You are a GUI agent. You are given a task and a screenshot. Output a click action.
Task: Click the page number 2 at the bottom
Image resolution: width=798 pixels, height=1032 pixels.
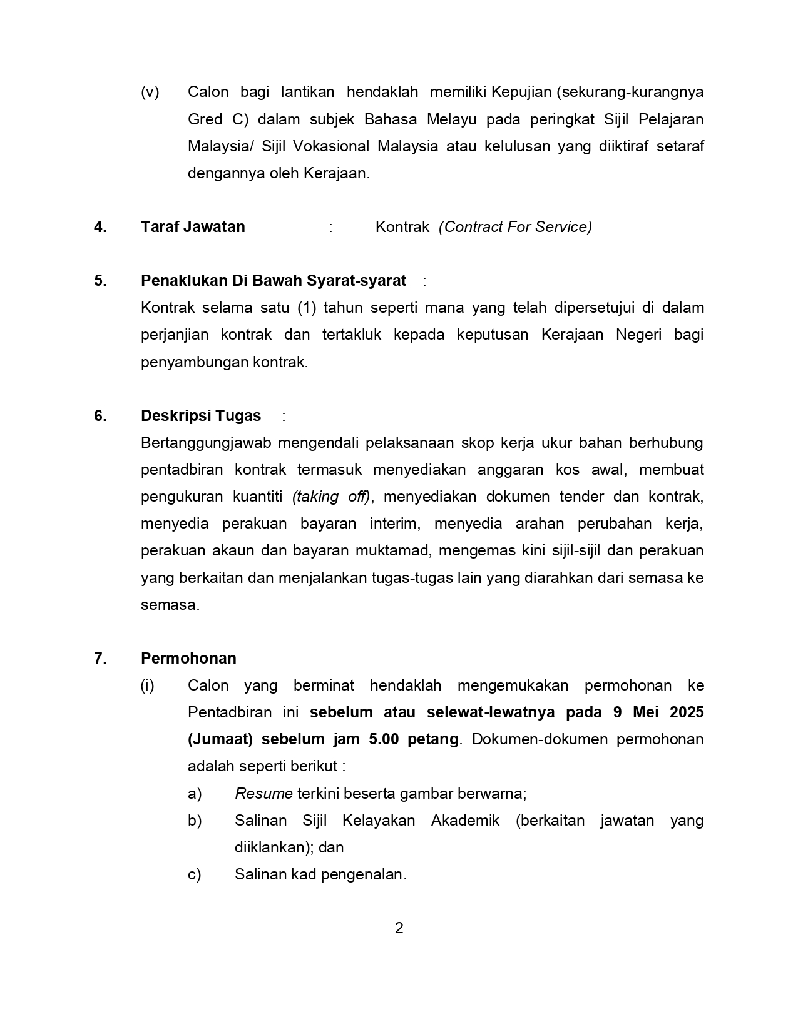(x=399, y=928)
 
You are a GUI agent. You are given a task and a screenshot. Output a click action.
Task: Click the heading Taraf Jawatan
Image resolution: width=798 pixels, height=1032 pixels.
(x=193, y=227)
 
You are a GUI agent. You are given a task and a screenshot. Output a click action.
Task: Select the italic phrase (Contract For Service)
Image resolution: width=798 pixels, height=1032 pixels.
(x=515, y=227)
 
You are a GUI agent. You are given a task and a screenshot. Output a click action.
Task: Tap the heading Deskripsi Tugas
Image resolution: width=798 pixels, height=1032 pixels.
(x=201, y=416)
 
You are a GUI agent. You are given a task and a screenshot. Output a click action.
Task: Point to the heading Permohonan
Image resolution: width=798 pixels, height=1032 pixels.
(x=188, y=659)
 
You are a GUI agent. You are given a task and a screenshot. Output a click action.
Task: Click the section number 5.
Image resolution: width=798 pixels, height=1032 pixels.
(x=100, y=281)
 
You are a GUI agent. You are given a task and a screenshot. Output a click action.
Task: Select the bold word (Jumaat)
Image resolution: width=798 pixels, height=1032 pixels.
(x=220, y=739)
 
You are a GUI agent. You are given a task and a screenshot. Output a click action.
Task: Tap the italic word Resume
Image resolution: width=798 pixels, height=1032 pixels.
(x=263, y=794)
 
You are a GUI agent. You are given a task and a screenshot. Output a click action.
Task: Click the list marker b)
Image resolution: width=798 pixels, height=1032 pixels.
(x=195, y=821)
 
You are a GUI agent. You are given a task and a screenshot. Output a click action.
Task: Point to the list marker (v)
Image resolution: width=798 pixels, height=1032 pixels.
(x=150, y=93)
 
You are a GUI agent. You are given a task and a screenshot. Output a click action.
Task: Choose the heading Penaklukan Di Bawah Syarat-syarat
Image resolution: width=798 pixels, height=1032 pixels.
(x=274, y=281)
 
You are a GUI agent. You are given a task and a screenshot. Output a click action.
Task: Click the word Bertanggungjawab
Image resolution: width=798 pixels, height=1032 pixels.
(x=206, y=443)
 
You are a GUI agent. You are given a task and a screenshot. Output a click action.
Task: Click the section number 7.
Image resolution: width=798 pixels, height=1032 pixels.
(x=100, y=659)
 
